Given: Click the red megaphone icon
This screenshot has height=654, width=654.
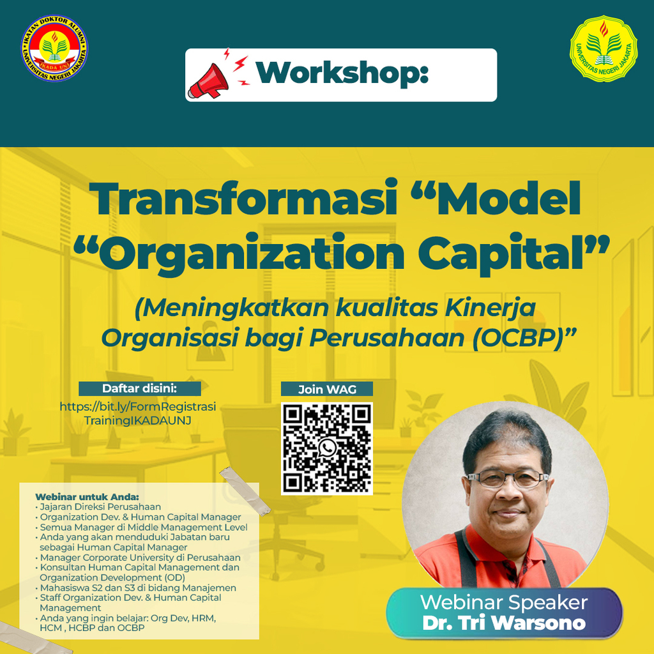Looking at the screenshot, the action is (208, 81).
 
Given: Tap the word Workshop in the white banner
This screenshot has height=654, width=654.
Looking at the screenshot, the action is (342, 73).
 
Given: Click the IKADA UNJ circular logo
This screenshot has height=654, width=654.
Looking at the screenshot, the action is (55, 49).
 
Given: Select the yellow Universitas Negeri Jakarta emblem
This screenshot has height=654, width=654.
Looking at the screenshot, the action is (604, 49).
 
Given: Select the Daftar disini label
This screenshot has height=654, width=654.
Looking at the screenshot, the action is (140, 388).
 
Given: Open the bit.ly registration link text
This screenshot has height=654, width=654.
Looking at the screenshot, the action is (138, 413).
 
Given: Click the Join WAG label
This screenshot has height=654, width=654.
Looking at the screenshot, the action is (327, 389).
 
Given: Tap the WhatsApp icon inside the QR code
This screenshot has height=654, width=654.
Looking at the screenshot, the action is (327, 448).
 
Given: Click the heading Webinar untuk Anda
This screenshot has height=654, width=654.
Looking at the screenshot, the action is (87, 497).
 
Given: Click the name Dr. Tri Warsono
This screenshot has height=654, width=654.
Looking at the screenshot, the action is (504, 623).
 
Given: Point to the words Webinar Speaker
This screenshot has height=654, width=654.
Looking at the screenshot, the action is (504, 602).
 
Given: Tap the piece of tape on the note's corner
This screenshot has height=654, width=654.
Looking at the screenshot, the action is (245, 490).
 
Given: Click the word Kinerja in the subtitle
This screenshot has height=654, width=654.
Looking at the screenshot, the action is (490, 308).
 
